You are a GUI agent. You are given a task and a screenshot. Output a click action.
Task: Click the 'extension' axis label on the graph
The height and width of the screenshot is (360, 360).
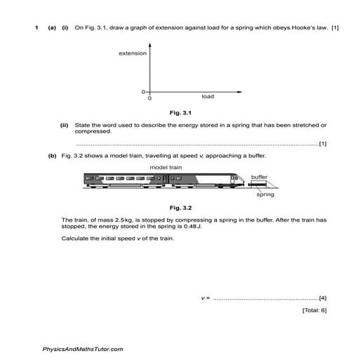133,53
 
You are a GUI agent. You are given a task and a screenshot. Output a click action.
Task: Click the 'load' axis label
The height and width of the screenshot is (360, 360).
208,96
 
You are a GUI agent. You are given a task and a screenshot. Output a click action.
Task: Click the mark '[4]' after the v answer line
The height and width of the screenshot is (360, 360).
322,298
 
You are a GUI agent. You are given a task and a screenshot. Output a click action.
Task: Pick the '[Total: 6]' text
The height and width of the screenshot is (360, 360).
314,309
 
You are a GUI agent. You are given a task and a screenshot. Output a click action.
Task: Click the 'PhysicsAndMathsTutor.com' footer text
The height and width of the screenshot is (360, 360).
83,349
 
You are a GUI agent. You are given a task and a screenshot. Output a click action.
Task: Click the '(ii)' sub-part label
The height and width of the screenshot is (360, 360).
65,124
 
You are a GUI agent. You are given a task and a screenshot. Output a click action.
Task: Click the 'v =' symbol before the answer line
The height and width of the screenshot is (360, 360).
205,298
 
